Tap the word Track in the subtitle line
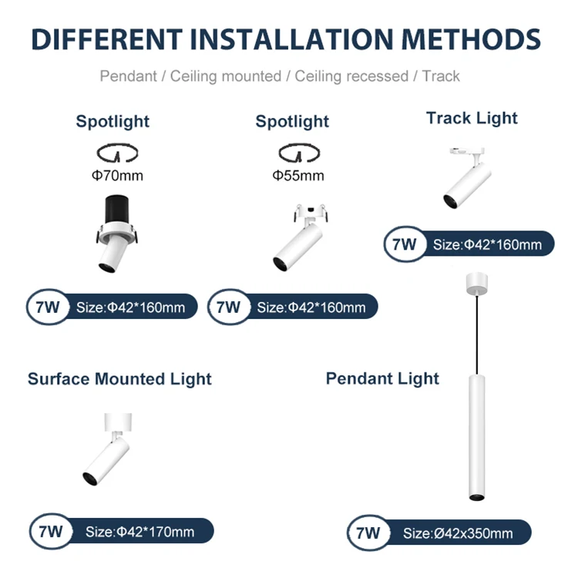[x=441, y=76]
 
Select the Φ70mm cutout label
[x=117, y=176]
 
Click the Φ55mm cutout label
[x=297, y=176]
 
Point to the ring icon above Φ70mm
[x=117, y=151]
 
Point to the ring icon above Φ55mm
[x=297, y=151]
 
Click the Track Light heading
[x=472, y=118]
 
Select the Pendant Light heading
[x=382, y=378]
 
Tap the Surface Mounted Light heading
[x=119, y=379]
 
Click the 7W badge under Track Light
[x=404, y=245]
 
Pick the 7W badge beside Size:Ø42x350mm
[x=368, y=533]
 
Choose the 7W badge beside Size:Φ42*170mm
[x=50, y=531]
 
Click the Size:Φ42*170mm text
[x=139, y=531]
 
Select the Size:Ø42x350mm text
[x=458, y=533]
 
